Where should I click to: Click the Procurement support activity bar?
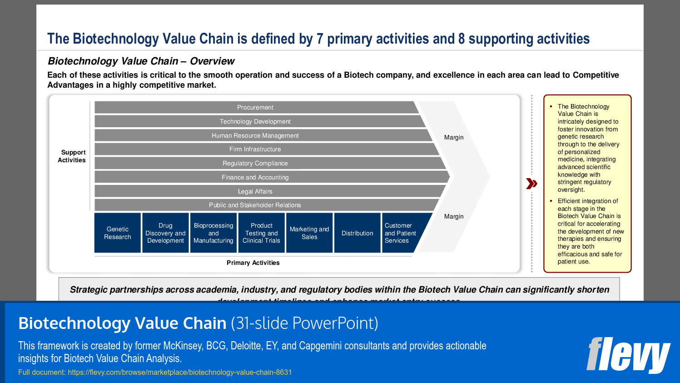(255, 107)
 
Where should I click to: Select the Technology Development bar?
(255, 121)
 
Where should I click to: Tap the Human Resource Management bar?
(255, 135)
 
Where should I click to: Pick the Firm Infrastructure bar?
(255, 149)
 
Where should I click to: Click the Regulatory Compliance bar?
(255, 163)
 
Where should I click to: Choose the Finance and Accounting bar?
(255, 177)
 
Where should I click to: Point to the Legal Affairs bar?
(255, 191)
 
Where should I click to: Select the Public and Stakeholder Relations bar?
(255, 205)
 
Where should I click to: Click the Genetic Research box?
(118, 233)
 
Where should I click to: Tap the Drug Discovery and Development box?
(165, 233)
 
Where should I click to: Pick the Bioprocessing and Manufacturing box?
(213, 233)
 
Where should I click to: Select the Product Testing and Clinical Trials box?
(262, 233)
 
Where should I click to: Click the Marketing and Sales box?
(309, 233)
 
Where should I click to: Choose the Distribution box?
(357, 233)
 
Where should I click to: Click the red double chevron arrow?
(531, 184)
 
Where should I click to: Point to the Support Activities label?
(72, 156)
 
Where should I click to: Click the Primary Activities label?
(253, 263)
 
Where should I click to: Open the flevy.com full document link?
(179, 372)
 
